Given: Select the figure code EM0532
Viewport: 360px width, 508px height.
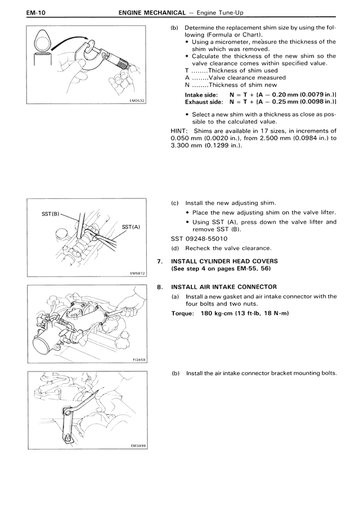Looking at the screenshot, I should [x=137, y=101].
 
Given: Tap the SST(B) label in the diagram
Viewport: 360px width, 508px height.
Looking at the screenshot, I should [x=51, y=214].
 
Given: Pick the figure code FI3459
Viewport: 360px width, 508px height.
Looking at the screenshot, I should [x=137, y=360].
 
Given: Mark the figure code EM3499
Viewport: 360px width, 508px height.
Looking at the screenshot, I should [x=137, y=446].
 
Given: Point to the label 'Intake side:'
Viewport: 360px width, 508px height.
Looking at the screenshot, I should [x=201, y=95].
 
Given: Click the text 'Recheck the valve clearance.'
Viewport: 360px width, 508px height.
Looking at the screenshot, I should [x=228, y=248].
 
